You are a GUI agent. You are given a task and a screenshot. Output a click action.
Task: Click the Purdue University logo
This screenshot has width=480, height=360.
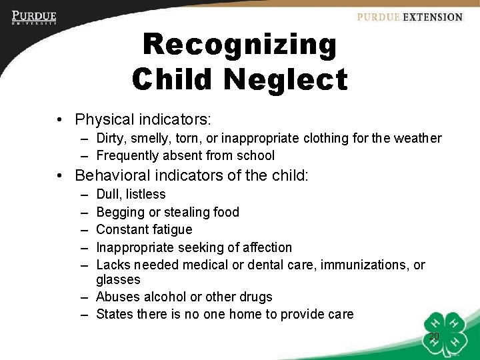click(x=34, y=18)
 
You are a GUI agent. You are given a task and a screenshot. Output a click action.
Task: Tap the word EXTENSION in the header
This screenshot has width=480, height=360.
click(x=431, y=17)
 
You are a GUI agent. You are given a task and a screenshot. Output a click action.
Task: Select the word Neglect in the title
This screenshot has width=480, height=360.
click(x=285, y=79)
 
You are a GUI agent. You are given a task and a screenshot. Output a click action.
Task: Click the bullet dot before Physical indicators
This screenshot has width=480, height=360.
click(x=61, y=120)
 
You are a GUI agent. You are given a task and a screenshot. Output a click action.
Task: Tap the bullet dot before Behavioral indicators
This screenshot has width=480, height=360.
click(x=61, y=176)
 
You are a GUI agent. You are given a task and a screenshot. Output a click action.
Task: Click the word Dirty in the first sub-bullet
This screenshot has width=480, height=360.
click(x=111, y=139)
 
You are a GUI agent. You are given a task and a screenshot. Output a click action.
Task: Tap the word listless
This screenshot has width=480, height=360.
click(x=145, y=195)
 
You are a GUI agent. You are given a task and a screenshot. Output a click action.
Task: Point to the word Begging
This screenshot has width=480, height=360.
click(x=119, y=213)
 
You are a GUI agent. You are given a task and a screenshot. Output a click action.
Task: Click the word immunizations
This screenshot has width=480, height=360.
click(x=365, y=265)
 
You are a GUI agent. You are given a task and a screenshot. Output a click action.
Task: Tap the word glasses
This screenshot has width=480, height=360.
click(x=118, y=280)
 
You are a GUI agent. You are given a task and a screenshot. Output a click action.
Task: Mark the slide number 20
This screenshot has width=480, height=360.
click(x=433, y=337)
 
